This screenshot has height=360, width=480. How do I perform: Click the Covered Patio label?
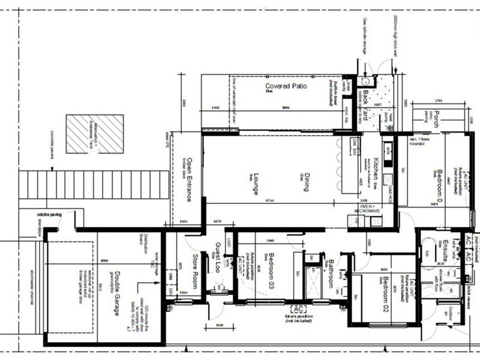(x=286, y=86)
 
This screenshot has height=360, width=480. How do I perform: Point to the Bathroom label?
(x=331, y=273)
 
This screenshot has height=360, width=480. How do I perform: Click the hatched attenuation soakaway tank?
(x=95, y=133)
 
